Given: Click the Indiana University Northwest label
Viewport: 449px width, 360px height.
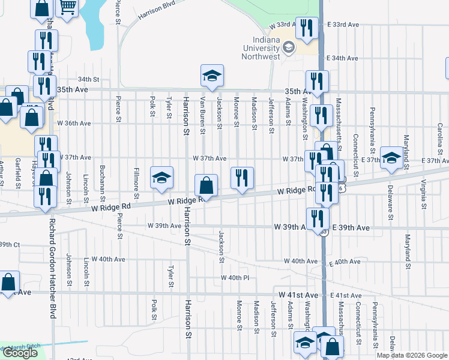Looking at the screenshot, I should pyautogui.click(x=261, y=48).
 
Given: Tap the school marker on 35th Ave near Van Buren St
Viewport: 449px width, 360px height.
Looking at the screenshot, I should pyautogui.click(x=212, y=76).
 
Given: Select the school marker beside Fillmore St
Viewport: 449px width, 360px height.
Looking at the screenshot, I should pyautogui.click(x=161, y=178).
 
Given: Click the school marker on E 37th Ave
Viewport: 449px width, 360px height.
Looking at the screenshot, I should pyautogui.click(x=391, y=158).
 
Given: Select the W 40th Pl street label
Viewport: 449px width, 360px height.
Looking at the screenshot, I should pyautogui.click(x=235, y=278).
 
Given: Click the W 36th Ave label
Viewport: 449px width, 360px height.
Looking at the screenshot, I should pyautogui.click(x=73, y=123).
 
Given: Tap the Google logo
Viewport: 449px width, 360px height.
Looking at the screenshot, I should pyautogui.click(x=20, y=353).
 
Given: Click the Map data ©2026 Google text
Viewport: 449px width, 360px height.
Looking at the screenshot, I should pyautogui.click(x=412, y=355).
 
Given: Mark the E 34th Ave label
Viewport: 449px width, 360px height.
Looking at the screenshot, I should pyautogui.click(x=343, y=59).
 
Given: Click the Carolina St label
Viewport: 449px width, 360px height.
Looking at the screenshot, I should pyautogui.click(x=440, y=137).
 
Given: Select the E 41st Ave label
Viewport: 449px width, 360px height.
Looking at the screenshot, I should pyautogui.click(x=348, y=296).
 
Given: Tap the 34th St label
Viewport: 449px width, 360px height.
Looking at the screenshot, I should pyautogui.click(x=88, y=79).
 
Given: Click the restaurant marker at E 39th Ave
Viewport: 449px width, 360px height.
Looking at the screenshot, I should pyautogui.click(x=318, y=219).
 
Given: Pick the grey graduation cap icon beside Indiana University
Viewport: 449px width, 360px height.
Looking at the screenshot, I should pyautogui.click(x=289, y=47).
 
